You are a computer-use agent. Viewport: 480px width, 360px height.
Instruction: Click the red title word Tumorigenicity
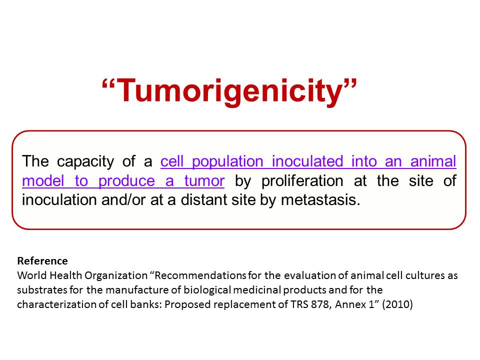point(229,91)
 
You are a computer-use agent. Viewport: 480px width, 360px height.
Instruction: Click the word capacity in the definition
point(85,162)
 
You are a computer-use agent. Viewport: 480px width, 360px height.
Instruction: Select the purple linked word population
point(227,162)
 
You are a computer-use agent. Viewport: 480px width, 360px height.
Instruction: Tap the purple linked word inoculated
point(307,161)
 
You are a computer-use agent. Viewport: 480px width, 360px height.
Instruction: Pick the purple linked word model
point(43,180)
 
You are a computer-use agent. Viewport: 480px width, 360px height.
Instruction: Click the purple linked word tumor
point(204,180)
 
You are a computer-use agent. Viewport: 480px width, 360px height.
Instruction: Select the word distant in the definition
point(203,200)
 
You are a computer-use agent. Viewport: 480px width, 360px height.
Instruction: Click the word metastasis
point(320,200)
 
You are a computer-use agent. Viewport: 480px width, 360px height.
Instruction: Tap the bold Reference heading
point(42,261)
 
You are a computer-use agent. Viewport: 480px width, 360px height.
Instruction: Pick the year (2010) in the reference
point(397,305)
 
